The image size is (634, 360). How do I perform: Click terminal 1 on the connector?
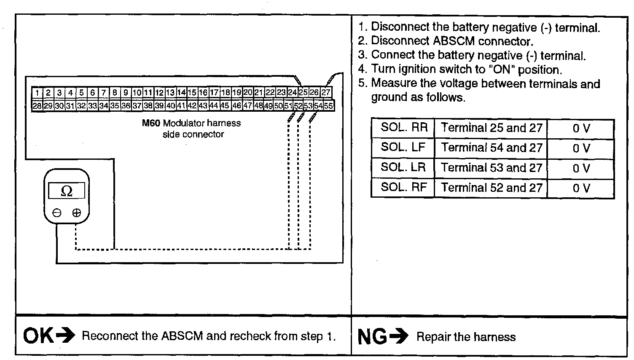point(38,93)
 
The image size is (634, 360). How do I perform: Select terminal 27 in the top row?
point(326,92)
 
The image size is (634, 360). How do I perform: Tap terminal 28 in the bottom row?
point(37,106)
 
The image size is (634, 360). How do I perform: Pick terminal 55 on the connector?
point(329,105)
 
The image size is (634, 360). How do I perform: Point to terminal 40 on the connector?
point(170,106)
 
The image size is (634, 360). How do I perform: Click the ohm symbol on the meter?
point(67,191)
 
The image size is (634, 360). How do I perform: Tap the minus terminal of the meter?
point(57,213)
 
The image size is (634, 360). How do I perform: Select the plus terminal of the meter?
point(76,213)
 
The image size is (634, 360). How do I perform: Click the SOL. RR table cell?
point(403,128)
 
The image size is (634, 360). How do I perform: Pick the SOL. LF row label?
point(403,148)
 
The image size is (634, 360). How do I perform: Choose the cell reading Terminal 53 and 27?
point(491,168)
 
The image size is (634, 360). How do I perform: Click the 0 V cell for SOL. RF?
point(581,188)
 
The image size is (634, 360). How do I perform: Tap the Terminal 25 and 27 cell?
point(491,128)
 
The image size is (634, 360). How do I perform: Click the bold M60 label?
point(151,124)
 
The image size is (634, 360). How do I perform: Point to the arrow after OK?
point(65,336)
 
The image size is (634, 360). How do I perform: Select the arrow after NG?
point(399,336)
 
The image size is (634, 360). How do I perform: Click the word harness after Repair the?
point(494,337)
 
